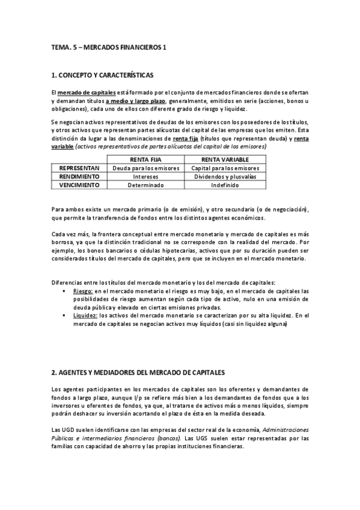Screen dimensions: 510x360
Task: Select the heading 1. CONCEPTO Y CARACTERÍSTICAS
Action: [x=103, y=76]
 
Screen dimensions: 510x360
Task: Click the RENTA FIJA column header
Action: [x=146, y=159]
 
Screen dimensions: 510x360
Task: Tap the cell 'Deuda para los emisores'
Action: [x=146, y=168]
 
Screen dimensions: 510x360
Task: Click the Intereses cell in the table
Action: [x=146, y=177]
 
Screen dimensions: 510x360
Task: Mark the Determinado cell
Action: [x=146, y=185]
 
